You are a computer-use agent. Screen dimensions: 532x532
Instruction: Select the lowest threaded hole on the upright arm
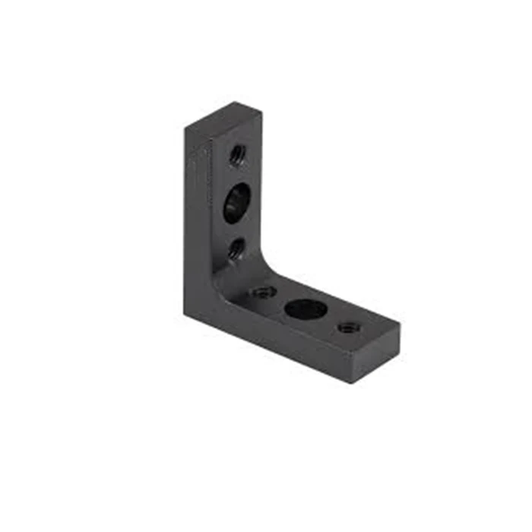point(237,248)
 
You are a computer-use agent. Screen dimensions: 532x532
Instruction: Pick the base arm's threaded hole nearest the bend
point(264,292)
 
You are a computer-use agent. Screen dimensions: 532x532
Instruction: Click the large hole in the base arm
point(306,309)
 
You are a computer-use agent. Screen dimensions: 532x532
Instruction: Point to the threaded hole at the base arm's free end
point(349,328)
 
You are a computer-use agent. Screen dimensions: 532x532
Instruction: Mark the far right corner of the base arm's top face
point(399,325)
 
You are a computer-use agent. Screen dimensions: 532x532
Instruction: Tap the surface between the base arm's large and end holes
point(328,319)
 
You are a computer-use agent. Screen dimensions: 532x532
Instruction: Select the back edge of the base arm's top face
point(334,293)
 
